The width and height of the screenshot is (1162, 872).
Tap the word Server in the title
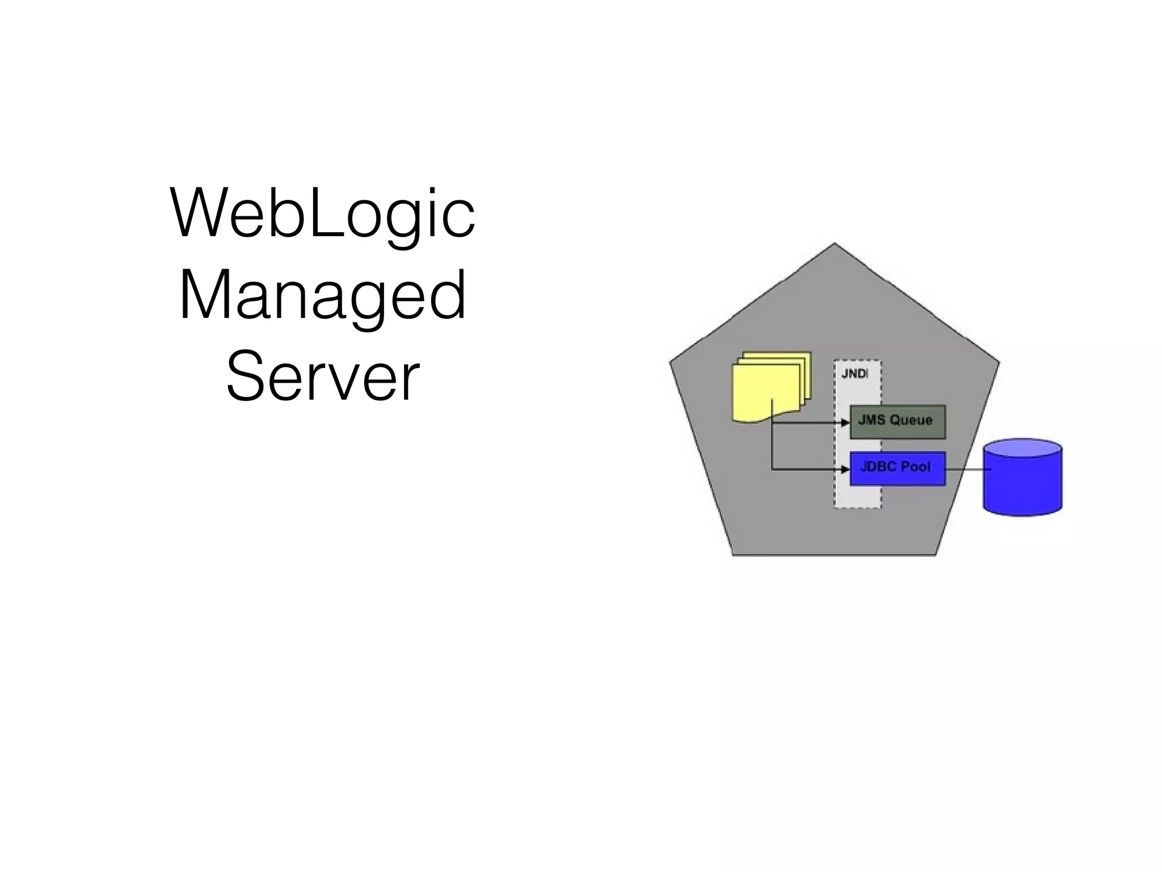coord(322,376)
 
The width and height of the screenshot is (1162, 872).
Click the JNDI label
coord(854,374)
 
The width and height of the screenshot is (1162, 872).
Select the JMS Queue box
coord(897,421)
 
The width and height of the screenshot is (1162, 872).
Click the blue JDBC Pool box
coord(897,468)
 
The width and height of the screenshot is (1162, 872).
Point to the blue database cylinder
coord(1022,480)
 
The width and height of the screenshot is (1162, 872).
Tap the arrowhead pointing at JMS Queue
coord(845,423)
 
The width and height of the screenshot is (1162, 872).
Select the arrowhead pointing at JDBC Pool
coord(845,469)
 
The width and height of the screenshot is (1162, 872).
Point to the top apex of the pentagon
coord(834,245)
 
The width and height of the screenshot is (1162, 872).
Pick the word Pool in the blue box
coord(916,467)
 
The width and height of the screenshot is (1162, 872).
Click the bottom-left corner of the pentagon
coord(733,554)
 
